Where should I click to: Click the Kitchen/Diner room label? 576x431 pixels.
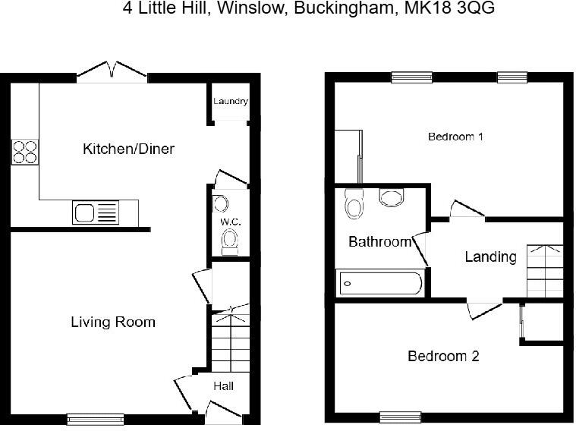(128, 149)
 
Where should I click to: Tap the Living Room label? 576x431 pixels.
(113, 322)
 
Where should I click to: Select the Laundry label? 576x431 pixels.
(230, 102)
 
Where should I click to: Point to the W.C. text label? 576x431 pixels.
(231, 222)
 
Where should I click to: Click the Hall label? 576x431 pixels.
(223, 386)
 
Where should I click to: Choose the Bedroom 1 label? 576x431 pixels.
(455, 137)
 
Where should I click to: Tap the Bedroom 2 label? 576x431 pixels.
(443, 356)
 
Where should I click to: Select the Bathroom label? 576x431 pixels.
(379, 242)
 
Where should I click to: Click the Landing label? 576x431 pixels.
(490, 256)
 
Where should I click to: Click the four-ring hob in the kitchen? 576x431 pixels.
(24, 152)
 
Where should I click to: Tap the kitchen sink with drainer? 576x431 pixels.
(96, 212)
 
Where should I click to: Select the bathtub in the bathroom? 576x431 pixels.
(379, 284)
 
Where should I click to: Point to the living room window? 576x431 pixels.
(95, 417)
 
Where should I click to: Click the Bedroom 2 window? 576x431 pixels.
(400, 416)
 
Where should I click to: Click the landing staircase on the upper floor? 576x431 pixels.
(545, 272)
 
